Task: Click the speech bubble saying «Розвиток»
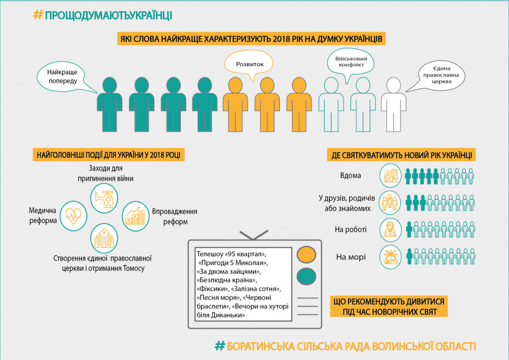pyautogui.click(x=249, y=65)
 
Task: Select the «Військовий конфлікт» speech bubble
pyautogui.click(x=351, y=62)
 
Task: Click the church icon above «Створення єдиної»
pyautogui.click(x=104, y=237)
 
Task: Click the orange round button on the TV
pyautogui.click(x=306, y=254)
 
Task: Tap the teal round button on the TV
pyautogui.click(x=306, y=276)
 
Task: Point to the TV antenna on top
pyautogui.click(x=253, y=235)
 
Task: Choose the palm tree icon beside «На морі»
pyautogui.click(x=391, y=257)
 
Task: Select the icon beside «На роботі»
pyautogui.click(x=391, y=230)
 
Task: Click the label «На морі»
pyautogui.click(x=351, y=257)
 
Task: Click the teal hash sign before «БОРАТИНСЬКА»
pyautogui.click(x=219, y=346)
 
